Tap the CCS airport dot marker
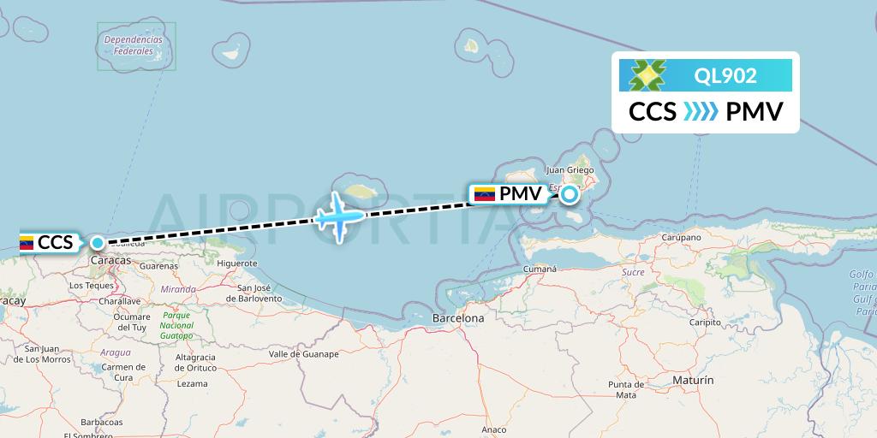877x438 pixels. coord(98,243)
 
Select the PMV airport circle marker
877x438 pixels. coord(570,194)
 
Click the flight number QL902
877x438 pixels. coord(725,76)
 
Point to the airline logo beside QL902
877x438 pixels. coord(647,75)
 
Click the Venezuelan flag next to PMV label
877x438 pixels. coord(485,194)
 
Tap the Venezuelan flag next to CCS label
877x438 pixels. coord(26,243)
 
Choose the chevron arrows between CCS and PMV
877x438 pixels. coord(701,112)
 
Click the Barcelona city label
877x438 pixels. coord(458,318)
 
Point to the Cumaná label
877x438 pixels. coord(540,269)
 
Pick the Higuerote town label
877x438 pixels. coord(237,263)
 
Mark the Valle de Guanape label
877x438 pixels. coord(304,353)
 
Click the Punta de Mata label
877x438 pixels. coord(627,389)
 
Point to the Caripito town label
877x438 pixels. coord(706,323)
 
